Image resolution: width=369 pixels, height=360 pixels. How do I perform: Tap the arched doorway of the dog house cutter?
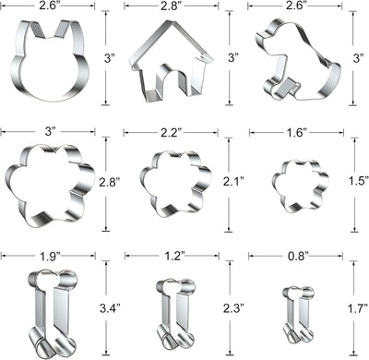(160, 71)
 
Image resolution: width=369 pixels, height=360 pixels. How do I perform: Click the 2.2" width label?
(172, 133)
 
